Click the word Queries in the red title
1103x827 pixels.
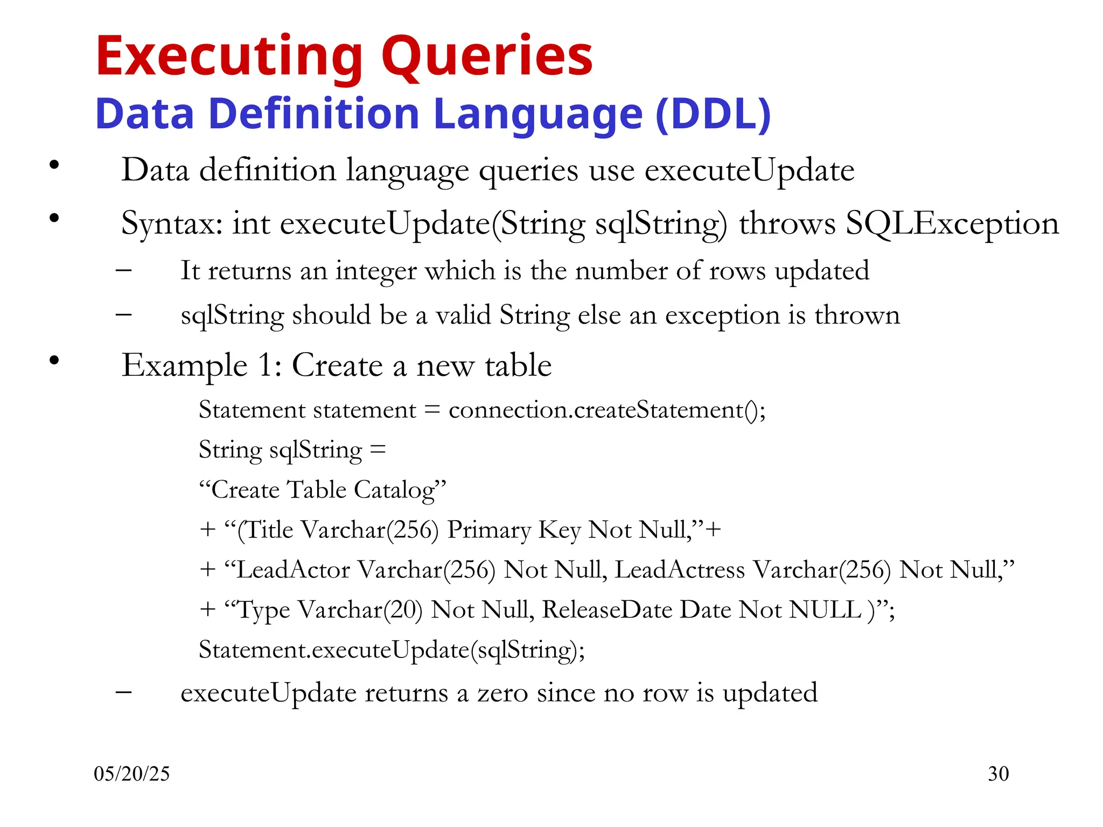487,57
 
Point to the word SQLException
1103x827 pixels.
952,223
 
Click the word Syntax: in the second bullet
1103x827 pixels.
172,224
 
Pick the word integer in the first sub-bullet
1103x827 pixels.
376,271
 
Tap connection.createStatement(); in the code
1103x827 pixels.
607,410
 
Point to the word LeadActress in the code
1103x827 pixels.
680,570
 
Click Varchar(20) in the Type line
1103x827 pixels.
360,610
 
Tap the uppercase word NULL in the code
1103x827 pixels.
825,610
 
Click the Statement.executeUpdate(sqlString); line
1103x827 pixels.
392,650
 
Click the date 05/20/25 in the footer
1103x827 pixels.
131,774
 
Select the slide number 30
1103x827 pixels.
998,774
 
